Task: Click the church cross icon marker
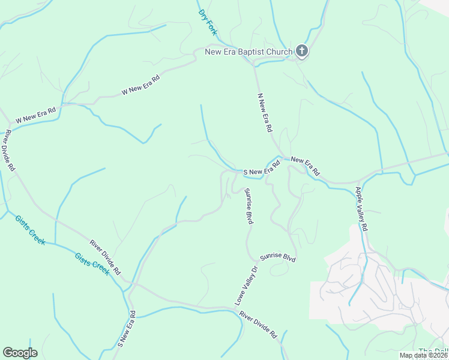[x=302, y=52]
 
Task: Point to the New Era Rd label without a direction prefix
[x=306, y=167]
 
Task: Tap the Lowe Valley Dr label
[x=246, y=286]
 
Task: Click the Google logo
[x=20, y=353]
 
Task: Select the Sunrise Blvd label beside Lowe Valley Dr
[x=278, y=257]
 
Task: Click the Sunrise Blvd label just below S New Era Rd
[x=249, y=206]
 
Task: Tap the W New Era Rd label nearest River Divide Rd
[x=35, y=116]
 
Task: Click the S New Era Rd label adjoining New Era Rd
[x=262, y=169]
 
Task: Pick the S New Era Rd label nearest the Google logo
[x=126, y=329]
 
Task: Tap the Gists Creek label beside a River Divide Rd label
[x=92, y=263]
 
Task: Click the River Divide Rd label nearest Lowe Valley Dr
[x=257, y=324]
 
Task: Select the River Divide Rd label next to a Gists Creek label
[x=106, y=257]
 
